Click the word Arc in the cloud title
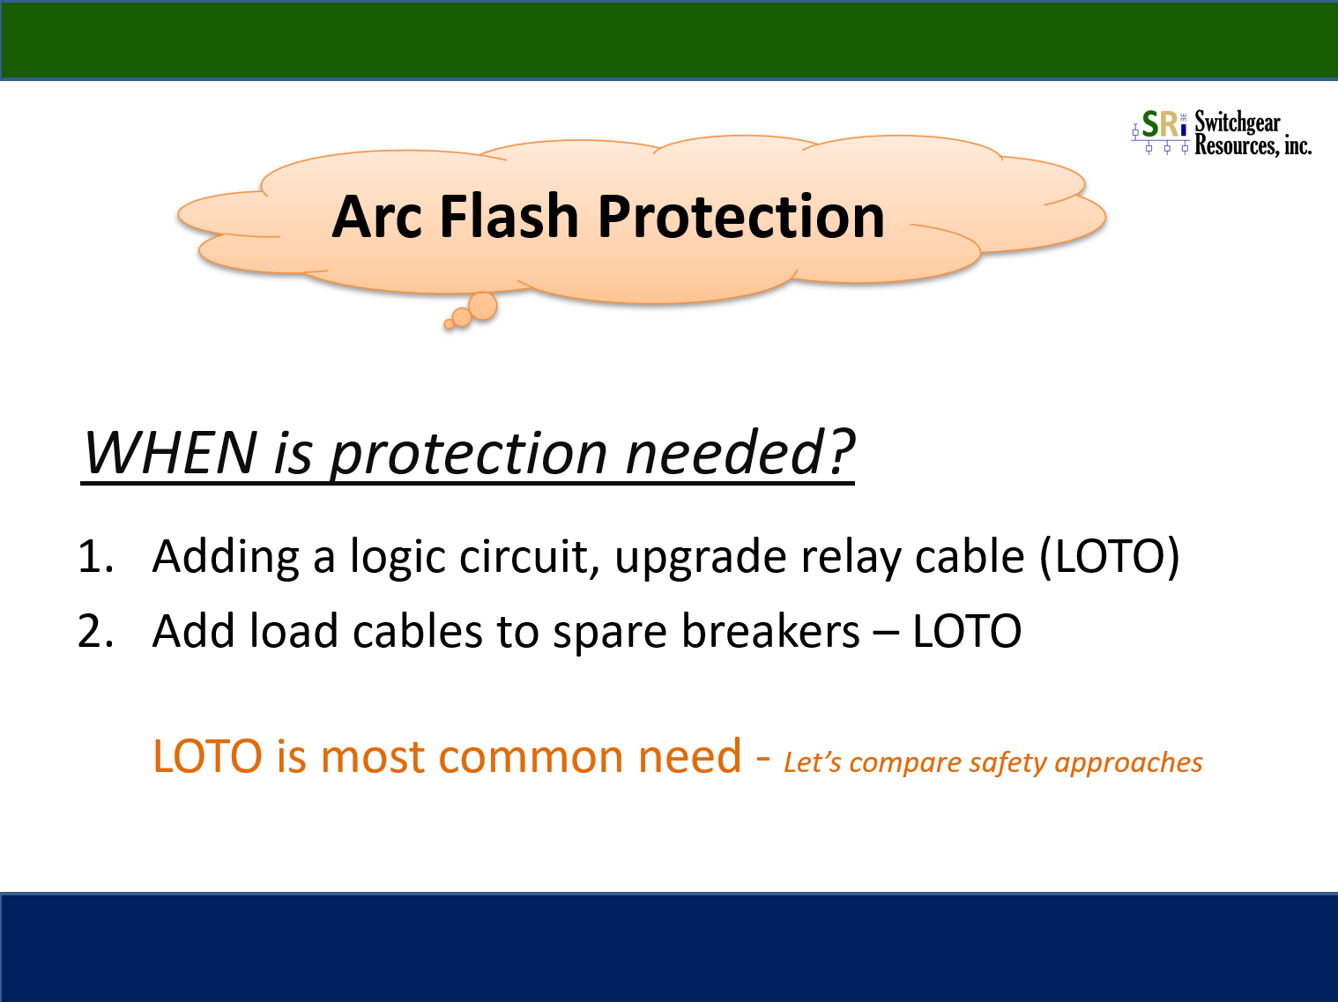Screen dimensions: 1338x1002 tap(376, 217)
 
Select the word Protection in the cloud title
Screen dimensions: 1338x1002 tap(740, 217)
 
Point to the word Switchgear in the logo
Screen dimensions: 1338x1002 tap(1238, 122)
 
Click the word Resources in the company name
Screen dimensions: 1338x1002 tap(1234, 145)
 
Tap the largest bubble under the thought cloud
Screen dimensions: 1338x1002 tap(483, 306)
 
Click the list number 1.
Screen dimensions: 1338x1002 tap(96, 556)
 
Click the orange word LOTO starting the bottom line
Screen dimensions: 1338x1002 tap(207, 756)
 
